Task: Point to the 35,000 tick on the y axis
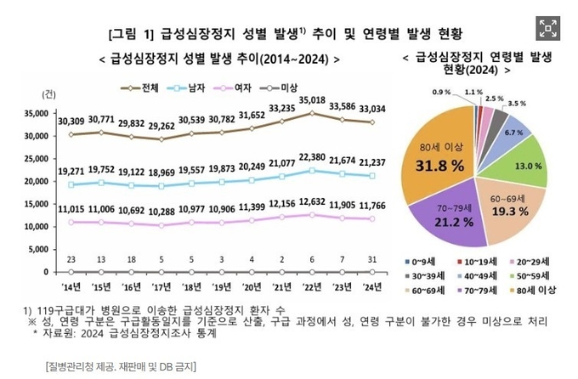(x=38, y=113)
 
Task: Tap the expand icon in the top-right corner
(x=549, y=27)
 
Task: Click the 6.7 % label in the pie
(x=513, y=133)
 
